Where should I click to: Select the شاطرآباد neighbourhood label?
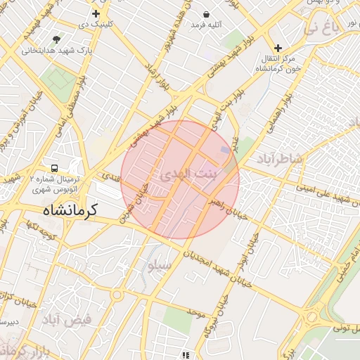pos(281,157)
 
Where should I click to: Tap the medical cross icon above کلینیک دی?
pos(96,13)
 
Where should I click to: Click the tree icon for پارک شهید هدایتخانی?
pos(56,39)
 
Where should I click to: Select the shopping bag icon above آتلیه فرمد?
pos(206,14)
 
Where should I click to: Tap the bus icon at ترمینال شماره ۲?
pos(54,169)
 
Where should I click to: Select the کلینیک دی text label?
pos(96,25)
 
